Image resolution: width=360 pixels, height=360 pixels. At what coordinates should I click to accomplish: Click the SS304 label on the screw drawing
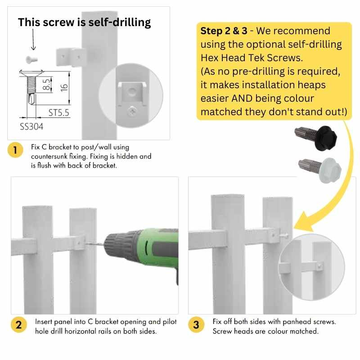coord(31,127)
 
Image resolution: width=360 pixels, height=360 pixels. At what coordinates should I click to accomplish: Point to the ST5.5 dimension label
coord(59,113)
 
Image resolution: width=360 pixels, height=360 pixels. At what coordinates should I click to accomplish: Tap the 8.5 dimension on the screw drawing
coord(46,84)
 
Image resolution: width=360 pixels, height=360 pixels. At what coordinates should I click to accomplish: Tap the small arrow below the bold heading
coord(32,43)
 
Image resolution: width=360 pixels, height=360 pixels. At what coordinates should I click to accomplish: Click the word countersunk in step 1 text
coord(50,156)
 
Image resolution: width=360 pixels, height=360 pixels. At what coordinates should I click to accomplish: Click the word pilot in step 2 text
coord(168,322)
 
